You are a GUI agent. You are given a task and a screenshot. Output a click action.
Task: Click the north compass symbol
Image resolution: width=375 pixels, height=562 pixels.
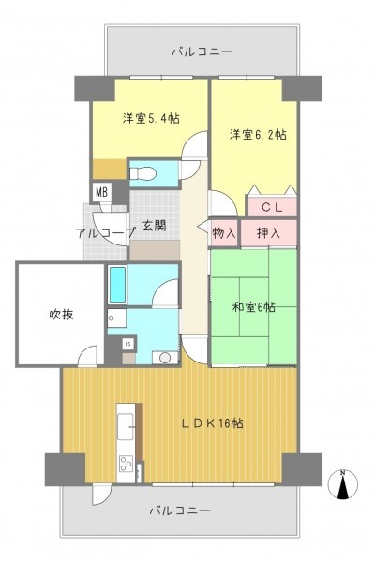click(x=343, y=484)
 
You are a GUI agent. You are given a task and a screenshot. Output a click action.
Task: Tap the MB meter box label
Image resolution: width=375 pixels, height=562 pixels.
click(x=101, y=192)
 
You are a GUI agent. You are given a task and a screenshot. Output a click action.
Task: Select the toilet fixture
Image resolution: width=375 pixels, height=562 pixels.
click(x=143, y=174)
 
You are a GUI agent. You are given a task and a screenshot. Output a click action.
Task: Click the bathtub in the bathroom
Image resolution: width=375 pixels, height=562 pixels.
click(x=117, y=285)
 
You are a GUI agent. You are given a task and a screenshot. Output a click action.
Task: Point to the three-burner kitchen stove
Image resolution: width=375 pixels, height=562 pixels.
click(x=126, y=464)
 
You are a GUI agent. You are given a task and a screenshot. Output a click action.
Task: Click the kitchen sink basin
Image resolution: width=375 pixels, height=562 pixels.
click(x=126, y=426)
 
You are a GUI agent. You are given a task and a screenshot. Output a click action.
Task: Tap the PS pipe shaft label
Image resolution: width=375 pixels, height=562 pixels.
click(x=128, y=344)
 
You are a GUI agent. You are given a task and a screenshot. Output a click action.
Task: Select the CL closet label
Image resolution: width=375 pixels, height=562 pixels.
click(x=272, y=207)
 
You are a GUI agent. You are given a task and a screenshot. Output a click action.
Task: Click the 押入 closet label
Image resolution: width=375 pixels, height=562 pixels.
click(x=268, y=233)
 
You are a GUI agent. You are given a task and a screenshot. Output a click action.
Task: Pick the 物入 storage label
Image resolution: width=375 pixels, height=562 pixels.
click(x=224, y=233)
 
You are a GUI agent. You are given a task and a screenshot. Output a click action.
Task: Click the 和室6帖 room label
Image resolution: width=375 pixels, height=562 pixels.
click(x=254, y=307)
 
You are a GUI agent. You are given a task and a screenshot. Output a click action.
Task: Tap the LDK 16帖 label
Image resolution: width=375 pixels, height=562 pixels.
click(x=212, y=423)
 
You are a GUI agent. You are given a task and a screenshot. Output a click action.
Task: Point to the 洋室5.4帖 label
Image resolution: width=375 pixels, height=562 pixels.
click(x=151, y=118)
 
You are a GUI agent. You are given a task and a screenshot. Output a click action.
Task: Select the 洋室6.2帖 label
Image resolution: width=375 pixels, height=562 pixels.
click(x=258, y=135)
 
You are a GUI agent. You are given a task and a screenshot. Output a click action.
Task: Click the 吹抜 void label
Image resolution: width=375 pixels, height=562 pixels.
click(x=61, y=315)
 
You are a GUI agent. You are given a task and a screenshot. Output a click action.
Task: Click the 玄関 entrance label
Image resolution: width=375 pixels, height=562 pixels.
click(x=155, y=226)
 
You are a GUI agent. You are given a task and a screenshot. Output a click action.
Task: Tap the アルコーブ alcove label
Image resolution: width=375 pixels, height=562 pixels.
click(x=106, y=233)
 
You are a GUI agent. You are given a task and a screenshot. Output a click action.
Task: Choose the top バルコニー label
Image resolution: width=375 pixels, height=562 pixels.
click(x=202, y=52)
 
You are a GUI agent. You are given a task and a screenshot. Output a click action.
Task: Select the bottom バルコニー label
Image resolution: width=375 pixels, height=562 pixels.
click(x=179, y=510)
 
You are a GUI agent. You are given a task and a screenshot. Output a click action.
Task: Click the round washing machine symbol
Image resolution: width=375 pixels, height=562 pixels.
click(x=165, y=358)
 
